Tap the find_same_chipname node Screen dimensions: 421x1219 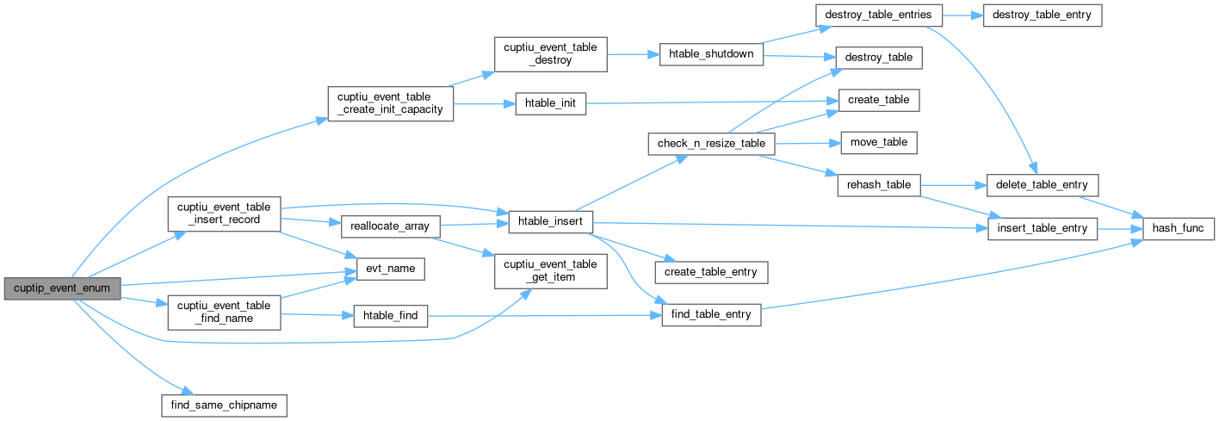click(x=224, y=404)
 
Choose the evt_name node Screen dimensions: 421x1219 click(x=385, y=269)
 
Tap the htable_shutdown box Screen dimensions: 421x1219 click(x=711, y=54)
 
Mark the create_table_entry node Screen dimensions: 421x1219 click(x=712, y=272)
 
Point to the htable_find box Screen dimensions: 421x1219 click(x=392, y=316)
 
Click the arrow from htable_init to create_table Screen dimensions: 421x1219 click(x=706, y=102)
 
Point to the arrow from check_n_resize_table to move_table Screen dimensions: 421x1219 click(x=802, y=142)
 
